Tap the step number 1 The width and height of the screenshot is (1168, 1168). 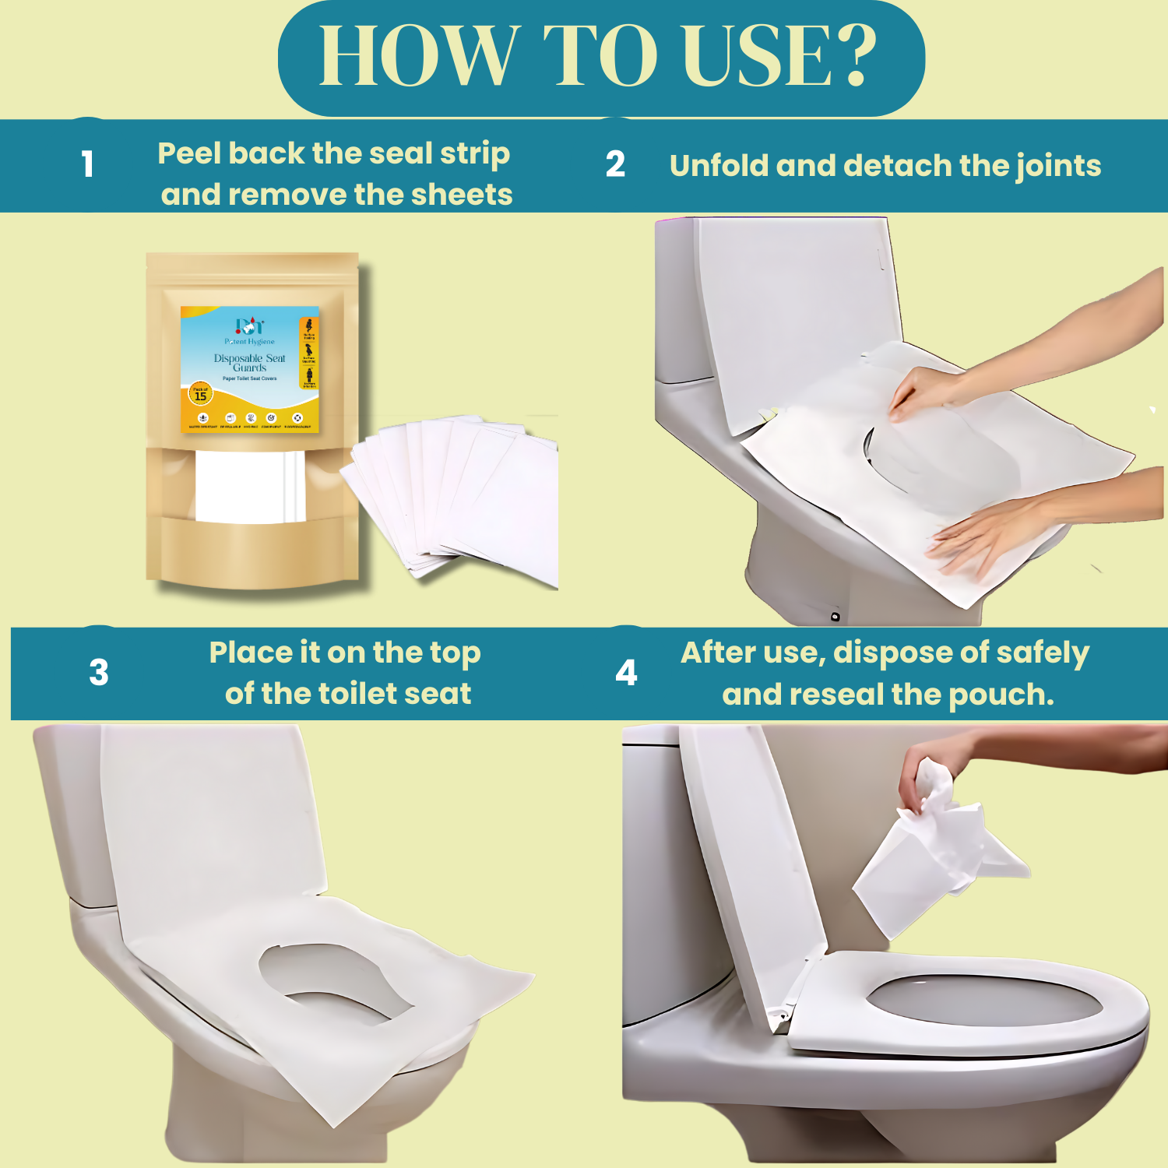pos(87,164)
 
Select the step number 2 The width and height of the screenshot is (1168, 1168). pos(615,164)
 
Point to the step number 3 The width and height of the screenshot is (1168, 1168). pos(99,673)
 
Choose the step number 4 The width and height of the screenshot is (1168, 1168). pos(626,673)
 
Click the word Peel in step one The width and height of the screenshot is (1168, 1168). pos(188,153)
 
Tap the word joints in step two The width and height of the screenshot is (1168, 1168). pos(1058,166)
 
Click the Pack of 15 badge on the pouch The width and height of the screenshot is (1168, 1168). pos(200,394)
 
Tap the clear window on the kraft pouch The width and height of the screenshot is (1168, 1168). pos(249,487)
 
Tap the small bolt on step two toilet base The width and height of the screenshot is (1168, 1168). pos(835,617)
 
